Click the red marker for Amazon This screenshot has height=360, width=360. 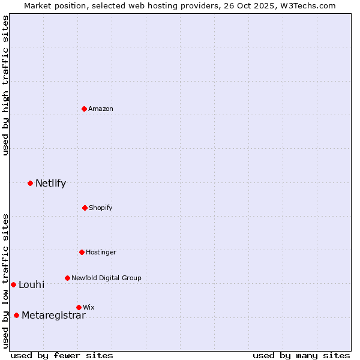(x=85, y=109)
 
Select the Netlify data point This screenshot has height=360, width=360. (x=30, y=183)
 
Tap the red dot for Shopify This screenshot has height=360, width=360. (x=85, y=208)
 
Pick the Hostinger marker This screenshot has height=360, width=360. (x=82, y=252)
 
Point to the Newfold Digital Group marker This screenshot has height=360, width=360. (x=67, y=278)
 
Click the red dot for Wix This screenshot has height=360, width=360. (x=79, y=307)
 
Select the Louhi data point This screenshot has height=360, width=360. (x=13, y=284)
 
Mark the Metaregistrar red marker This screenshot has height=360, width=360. (x=16, y=316)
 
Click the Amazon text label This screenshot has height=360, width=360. (x=101, y=109)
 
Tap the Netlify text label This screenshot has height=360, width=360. (x=50, y=184)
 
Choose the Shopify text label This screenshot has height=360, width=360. (x=101, y=208)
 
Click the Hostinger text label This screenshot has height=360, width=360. (x=101, y=252)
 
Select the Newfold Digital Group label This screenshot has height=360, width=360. (x=106, y=278)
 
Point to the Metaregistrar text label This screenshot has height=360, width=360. (x=53, y=316)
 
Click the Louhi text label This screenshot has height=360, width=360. (x=31, y=284)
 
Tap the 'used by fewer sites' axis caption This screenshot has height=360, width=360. (x=62, y=355)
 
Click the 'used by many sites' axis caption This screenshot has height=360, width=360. (x=301, y=355)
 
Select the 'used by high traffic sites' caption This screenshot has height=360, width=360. (x=6, y=85)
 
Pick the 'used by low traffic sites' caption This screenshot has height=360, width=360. (x=6, y=280)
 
